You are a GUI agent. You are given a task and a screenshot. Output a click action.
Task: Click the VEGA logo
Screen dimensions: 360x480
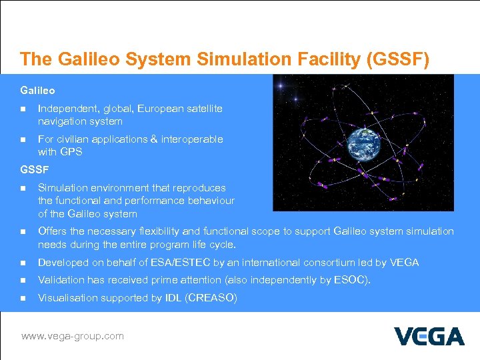pos(429,336)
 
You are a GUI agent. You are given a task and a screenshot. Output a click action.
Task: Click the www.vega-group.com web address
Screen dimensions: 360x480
pos(72,336)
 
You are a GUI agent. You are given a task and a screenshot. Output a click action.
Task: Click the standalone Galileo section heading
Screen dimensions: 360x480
pos(37,90)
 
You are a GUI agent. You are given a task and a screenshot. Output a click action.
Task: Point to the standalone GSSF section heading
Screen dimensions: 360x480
pos(34,169)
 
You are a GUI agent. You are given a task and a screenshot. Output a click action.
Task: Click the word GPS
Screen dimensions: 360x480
pos(71,152)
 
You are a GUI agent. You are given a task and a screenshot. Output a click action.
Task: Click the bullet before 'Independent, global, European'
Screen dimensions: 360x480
pos(23,109)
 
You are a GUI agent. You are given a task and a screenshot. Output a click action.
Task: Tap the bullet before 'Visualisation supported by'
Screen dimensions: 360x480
pos(23,298)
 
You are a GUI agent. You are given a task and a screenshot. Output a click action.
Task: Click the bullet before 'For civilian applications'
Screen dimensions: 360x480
pos(23,140)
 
